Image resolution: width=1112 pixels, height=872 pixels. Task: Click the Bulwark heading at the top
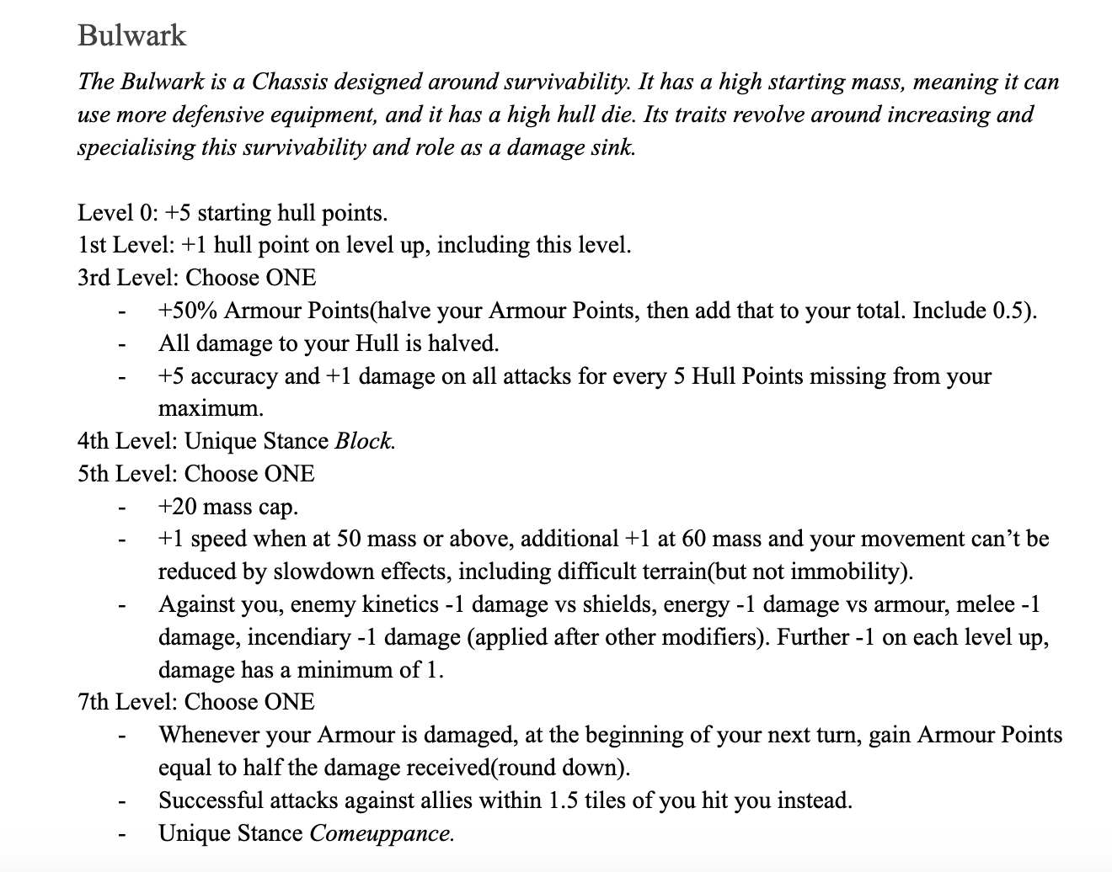(131, 35)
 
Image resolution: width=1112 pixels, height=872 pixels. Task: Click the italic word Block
(365, 441)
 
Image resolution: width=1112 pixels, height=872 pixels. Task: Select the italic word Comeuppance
(382, 833)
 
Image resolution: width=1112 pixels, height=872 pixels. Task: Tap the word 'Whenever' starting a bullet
(210, 735)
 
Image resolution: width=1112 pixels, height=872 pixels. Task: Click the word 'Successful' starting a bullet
(211, 800)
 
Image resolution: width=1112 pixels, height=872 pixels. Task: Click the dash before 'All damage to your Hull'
(123, 344)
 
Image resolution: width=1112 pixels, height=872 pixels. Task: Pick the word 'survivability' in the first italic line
(551, 82)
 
